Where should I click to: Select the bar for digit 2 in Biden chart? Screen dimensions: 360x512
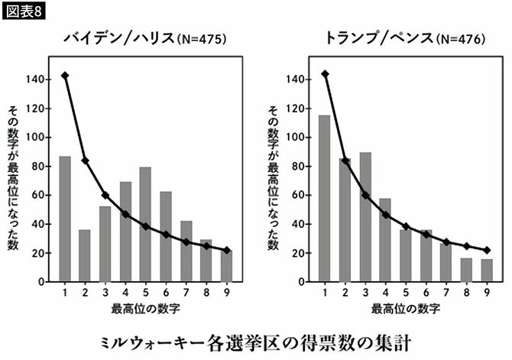click(85, 255)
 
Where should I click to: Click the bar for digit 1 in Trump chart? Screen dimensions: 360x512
click(325, 199)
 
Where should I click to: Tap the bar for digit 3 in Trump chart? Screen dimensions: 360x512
click(365, 217)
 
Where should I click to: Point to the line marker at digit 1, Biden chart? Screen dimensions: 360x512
click(65, 76)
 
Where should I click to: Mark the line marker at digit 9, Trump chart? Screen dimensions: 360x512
click(486, 250)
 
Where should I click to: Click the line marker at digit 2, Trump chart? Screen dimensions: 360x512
click(345, 161)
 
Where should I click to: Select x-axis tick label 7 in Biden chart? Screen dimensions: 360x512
click(186, 292)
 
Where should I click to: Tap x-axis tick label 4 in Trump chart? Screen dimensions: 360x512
click(385, 292)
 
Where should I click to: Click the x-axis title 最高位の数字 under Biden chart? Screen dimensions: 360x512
click(145, 309)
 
